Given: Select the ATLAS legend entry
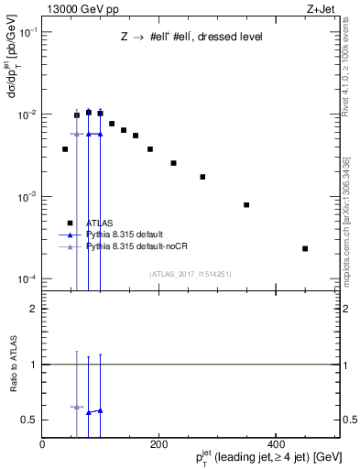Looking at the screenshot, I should coord(100,223).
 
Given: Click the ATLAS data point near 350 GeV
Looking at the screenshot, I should coord(246,204).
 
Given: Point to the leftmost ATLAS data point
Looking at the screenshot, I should coord(65,148).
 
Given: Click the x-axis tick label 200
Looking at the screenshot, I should coord(158,444).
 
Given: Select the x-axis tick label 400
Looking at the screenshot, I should coord(275,444).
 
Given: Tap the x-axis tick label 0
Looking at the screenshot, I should coord(42,444).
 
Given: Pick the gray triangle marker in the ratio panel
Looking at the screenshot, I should coord(77,407).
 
